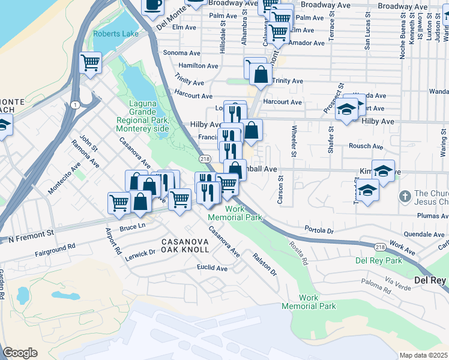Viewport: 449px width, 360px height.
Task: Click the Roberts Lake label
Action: (116, 34)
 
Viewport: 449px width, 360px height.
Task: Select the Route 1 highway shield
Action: (74, 105)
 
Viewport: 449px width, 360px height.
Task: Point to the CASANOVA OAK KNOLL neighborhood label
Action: (185, 245)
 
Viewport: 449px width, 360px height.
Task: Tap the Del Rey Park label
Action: (378, 260)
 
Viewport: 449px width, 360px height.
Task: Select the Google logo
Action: (20, 352)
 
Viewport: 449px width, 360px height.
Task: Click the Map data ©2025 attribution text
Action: (424, 355)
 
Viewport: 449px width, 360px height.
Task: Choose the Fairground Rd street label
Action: (55, 246)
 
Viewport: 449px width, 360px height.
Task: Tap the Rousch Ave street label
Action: (366, 146)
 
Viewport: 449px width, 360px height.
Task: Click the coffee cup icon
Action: (152, 5)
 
